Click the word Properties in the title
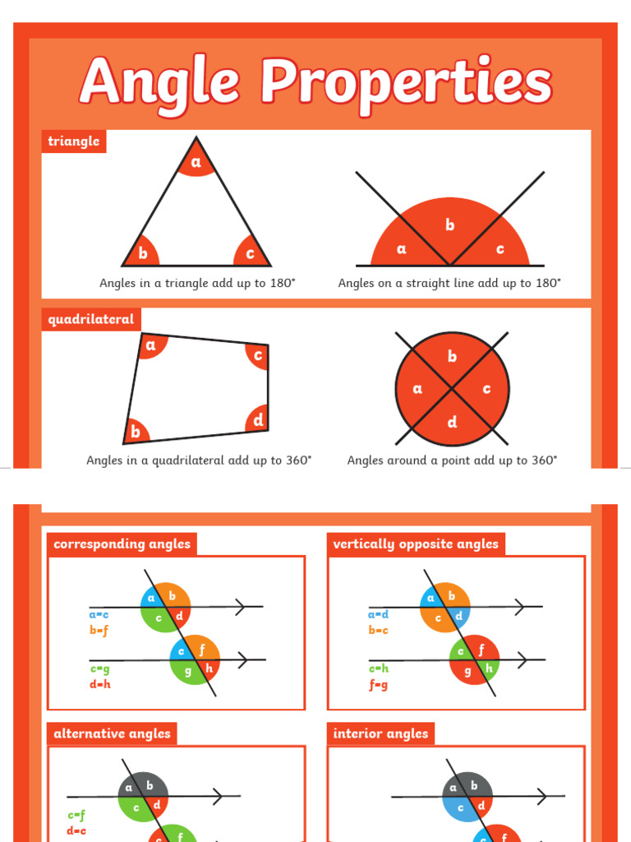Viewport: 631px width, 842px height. (406, 83)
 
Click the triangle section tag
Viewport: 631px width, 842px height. (74, 141)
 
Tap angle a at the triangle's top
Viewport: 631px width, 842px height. (196, 163)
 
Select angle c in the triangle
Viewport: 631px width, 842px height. (250, 253)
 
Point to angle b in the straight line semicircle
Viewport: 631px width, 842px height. (449, 224)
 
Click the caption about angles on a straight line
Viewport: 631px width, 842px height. (449, 283)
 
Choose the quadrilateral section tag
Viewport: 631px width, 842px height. (91, 320)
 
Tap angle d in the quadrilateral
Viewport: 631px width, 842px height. (258, 420)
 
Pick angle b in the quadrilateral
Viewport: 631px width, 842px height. (136, 431)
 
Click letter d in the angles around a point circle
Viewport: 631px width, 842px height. (452, 423)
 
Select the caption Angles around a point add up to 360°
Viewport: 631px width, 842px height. (452, 460)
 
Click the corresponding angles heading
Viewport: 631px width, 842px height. (122, 544)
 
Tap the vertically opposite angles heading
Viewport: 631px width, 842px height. (416, 544)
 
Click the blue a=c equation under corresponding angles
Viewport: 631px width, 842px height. (99, 614)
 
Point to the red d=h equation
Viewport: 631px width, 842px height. (99, 683)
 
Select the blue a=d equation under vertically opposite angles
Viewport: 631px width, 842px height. (378, 614)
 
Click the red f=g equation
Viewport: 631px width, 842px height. (378, 683)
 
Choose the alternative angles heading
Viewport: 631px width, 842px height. (112, 733)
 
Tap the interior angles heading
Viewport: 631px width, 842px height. (380, 733)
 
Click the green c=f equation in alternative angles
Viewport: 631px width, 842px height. (76, 816)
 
